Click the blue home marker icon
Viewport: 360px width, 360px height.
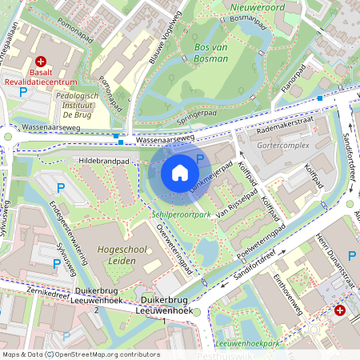point(180,173)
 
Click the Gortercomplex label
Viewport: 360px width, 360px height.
point(284,146)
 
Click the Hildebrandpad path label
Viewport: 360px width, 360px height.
point(104,161)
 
